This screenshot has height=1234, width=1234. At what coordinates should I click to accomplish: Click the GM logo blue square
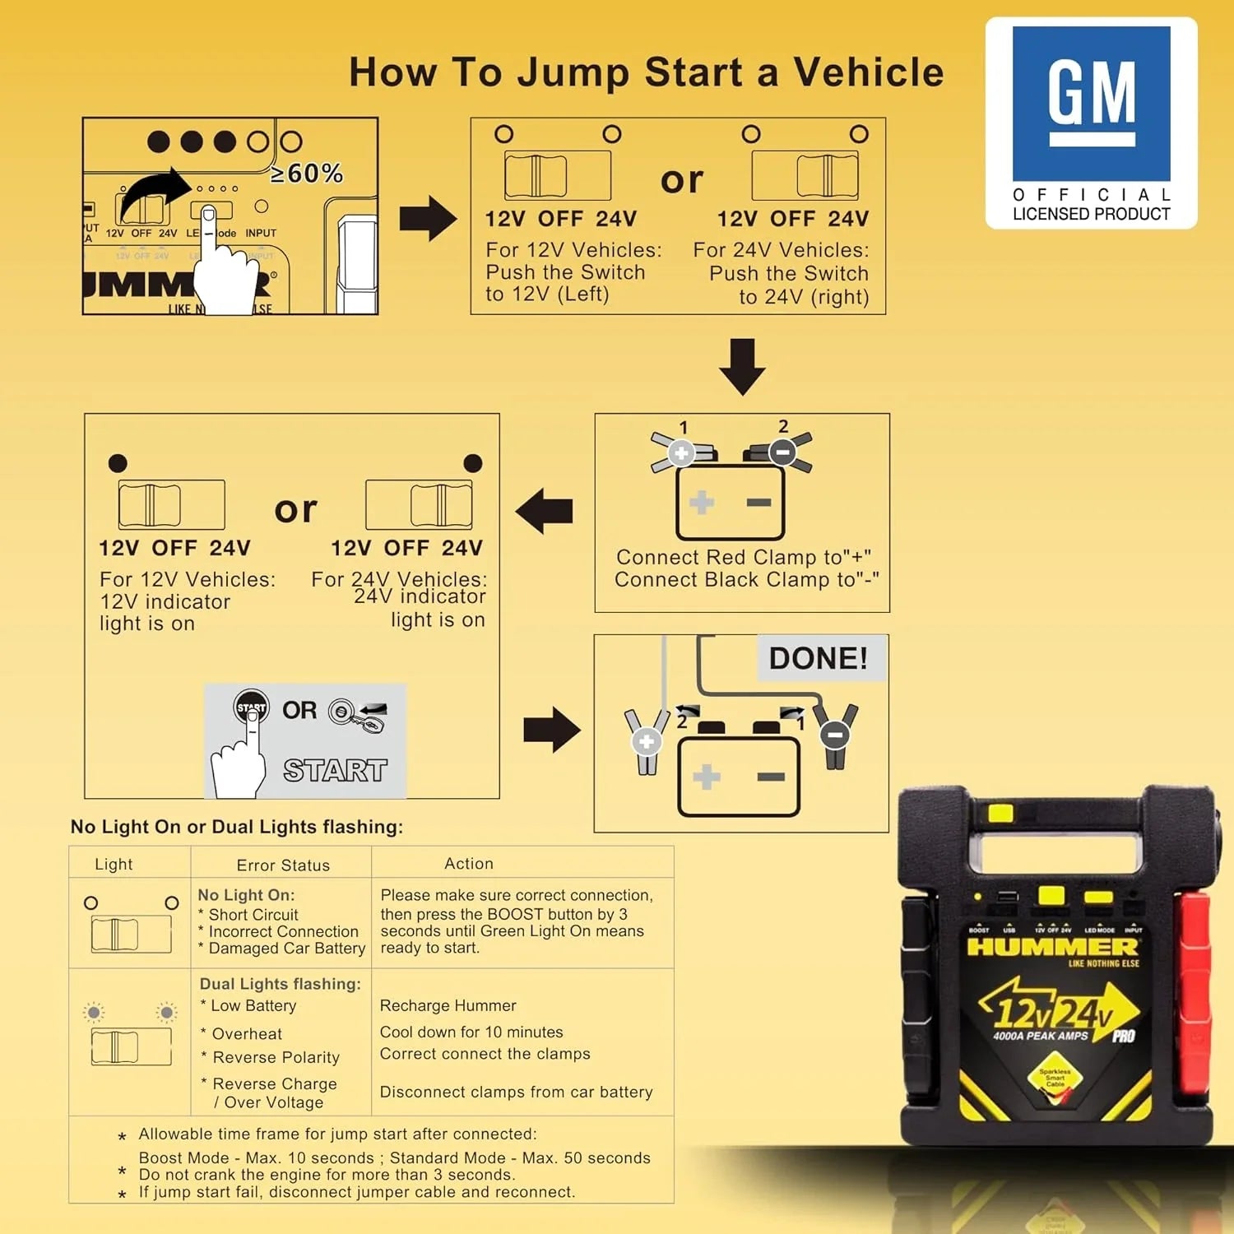pos(1091,104)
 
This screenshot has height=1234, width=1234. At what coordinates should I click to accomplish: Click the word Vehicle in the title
pos(869,72)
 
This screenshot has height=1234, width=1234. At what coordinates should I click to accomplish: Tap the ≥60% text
pos(307,174)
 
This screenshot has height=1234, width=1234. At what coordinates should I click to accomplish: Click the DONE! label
pos(818,658)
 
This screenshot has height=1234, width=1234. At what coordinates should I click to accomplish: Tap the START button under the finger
pos(251,706)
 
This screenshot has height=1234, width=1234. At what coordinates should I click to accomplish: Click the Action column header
pos(469,863)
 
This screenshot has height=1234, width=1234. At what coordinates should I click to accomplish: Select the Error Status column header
pos(283,865)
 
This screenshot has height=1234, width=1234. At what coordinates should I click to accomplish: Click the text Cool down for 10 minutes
pos(471,1032)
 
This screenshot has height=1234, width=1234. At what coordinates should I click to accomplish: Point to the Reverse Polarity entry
pos(276,1057)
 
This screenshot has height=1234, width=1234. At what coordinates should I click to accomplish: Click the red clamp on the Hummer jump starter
pos(1193,987)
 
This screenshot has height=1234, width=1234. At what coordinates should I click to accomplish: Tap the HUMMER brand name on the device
pos(1052,947)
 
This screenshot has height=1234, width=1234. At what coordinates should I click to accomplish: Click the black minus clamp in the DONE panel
pos(835,734)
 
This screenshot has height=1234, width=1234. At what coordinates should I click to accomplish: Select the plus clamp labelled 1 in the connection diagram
pos(680,452)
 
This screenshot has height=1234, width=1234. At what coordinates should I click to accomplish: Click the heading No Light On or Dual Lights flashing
pos(237,827)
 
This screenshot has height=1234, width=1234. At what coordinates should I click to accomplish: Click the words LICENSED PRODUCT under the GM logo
pos(1091,214)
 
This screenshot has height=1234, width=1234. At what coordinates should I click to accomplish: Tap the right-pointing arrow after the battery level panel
pos(428,219)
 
